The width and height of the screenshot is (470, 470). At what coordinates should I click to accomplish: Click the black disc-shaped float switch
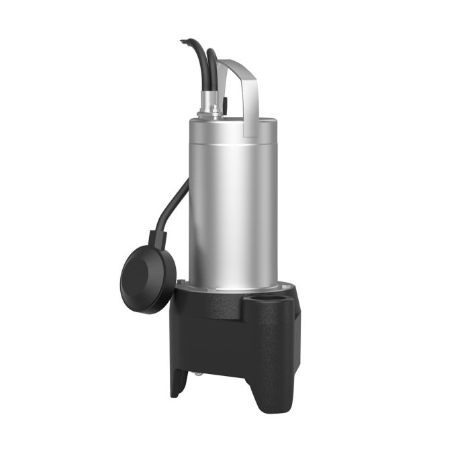(x=147, y=276)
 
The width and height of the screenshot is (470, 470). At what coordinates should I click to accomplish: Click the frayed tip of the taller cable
(x=183, y=42)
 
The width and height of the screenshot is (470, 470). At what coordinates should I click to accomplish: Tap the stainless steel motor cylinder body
(x=232, y=201)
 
